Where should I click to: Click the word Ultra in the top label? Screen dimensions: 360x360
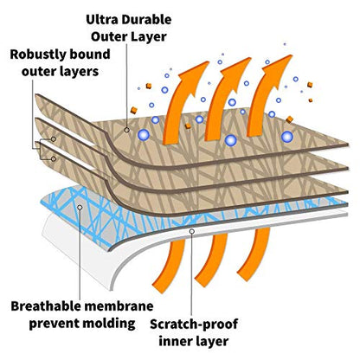[x=101, y=20]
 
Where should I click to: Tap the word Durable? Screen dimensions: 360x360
[x=146, y=20]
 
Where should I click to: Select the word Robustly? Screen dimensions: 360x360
[x=33, y=55]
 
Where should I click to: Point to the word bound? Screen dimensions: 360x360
[x=84, y=55]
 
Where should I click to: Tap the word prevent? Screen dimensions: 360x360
[x=54, y=324]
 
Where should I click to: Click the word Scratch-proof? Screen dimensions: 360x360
[x=194, y=325]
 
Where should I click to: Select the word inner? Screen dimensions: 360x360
[x=176, y=342]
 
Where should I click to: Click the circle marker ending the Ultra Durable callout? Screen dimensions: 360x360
[x=126, y=130]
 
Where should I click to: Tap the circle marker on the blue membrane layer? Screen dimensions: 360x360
[x=80, y=207]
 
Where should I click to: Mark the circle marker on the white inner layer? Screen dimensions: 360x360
[x=192, y=231]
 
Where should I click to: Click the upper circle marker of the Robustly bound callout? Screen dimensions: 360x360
[x=54, y=139]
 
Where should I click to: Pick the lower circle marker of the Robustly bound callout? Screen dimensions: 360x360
[x=54, y=159]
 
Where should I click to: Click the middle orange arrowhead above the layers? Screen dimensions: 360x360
[x=236, y=71]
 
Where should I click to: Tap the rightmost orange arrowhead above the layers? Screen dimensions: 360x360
[x=278, y=68]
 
